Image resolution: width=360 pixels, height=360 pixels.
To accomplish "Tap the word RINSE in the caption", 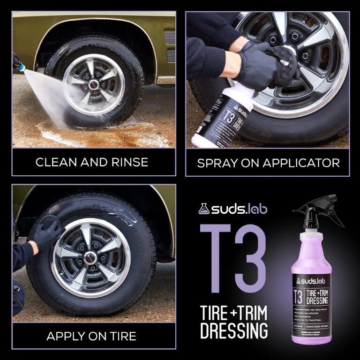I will (127, 162).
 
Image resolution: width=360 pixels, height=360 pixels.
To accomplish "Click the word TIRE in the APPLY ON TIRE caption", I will (121, 336).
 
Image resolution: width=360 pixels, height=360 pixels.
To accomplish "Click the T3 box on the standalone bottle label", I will (298, 298).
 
